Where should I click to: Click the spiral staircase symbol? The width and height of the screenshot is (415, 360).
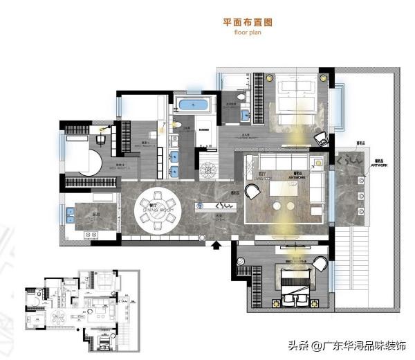207,168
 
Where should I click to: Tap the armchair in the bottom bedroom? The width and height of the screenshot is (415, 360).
321,264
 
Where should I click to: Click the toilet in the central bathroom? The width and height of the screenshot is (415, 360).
177,125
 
